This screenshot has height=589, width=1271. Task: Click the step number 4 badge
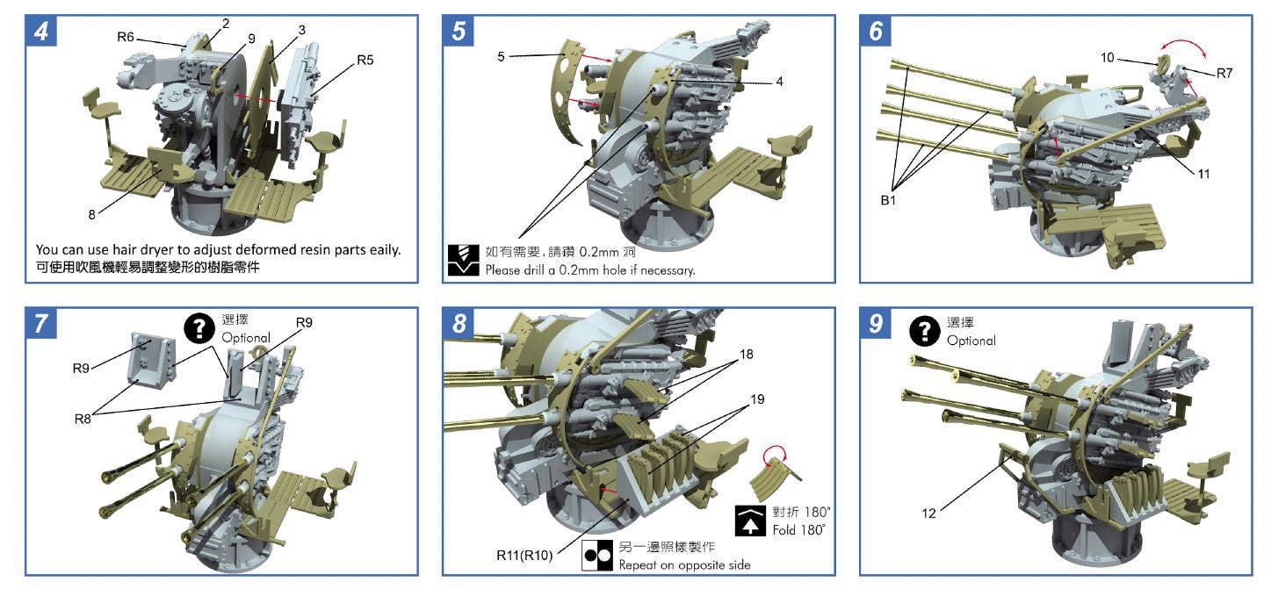[x=41, y=31]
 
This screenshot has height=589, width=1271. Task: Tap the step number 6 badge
[x=876, y=31]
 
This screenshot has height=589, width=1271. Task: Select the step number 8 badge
[x=459, y=324]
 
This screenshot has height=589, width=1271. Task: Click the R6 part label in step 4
[x=126, y=37]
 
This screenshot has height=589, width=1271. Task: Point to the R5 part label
[x=365, y=60]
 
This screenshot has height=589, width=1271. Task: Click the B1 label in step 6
[x=888, y=200]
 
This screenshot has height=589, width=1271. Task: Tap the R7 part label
[x=1224, y=73]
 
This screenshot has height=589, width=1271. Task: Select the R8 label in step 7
[x=83, y=419]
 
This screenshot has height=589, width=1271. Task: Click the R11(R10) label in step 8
[x=524, y=556]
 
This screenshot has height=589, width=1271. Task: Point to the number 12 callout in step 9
[x=928, y=514]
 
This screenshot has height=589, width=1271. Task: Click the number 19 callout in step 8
[x=757, y=399]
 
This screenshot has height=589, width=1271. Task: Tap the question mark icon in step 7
[x=199, y=329]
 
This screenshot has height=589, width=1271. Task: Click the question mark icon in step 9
[x=924, y=331]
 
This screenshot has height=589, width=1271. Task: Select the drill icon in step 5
[x=463, y=260]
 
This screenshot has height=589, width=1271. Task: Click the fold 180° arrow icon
[x=750, y=521]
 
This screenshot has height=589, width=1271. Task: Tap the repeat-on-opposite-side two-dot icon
[x=597, y=557]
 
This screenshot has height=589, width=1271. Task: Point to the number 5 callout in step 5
[x=501, y=57]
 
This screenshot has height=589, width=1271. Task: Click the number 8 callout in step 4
[x=92, y=215]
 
